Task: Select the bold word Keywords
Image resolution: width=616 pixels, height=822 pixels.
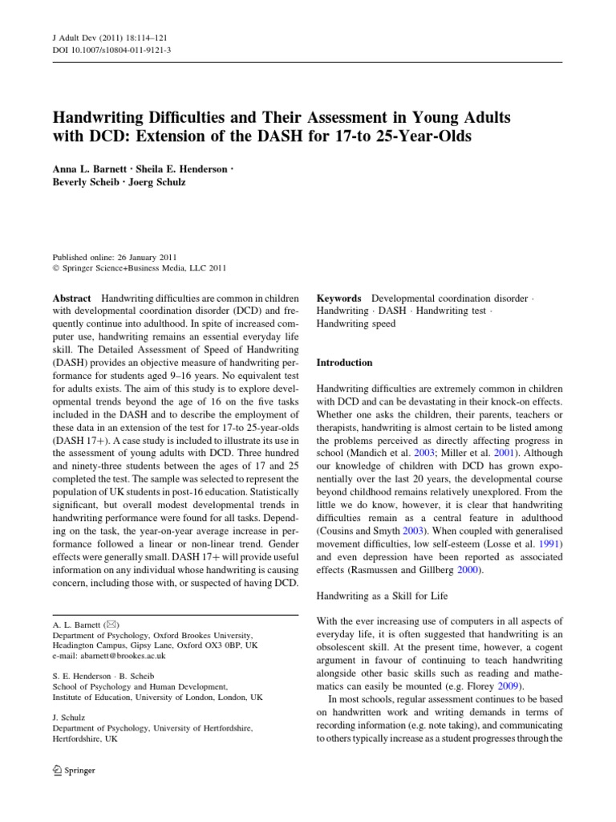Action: coord(339,299)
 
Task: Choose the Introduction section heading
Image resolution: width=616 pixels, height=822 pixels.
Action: coord(345,363)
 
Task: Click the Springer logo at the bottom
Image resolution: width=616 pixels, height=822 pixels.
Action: coord(74,771)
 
